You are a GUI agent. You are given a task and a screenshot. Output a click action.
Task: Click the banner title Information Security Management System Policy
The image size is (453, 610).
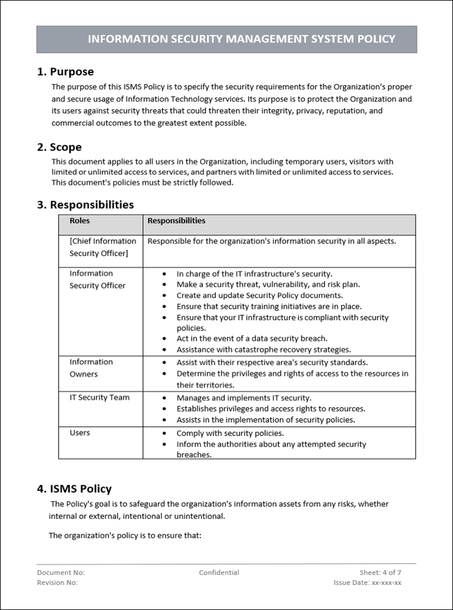(241, 39)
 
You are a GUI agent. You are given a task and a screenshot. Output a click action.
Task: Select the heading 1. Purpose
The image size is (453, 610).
(66, 72)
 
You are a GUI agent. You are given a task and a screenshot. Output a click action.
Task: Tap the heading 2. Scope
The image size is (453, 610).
(59, 147)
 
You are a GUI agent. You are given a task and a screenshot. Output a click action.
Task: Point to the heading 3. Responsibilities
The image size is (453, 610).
(85, 205)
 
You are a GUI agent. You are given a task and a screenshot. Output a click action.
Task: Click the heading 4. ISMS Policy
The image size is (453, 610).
(74, 489)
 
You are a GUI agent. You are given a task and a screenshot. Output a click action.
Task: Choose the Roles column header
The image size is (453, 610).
(79, 221)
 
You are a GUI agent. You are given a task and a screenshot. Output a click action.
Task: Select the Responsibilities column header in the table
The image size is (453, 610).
(176, 221)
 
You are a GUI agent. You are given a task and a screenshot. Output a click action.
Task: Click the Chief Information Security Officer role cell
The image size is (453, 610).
(102, 247)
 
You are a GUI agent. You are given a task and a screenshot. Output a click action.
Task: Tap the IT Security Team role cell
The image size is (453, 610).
(99, 398)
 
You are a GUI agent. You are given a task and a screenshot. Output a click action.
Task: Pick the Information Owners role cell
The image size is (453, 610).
(91, 368)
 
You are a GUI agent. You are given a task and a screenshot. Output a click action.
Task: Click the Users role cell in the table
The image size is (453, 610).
(79, 433)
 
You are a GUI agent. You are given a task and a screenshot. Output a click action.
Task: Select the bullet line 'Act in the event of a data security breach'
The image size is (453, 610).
(251, 338)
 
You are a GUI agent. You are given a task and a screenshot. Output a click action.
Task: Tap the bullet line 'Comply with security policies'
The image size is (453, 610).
(230, 433)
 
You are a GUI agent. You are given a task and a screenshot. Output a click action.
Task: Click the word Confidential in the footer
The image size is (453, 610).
(219, 573)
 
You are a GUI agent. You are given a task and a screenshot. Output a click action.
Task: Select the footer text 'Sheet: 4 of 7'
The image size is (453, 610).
(380, 573)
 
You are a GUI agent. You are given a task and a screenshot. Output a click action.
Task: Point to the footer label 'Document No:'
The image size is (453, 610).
(61, 573)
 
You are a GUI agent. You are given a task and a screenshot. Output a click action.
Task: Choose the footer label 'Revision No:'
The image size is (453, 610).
(57, 583)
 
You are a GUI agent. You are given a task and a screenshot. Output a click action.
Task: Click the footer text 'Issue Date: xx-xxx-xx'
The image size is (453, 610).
(368, 583)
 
